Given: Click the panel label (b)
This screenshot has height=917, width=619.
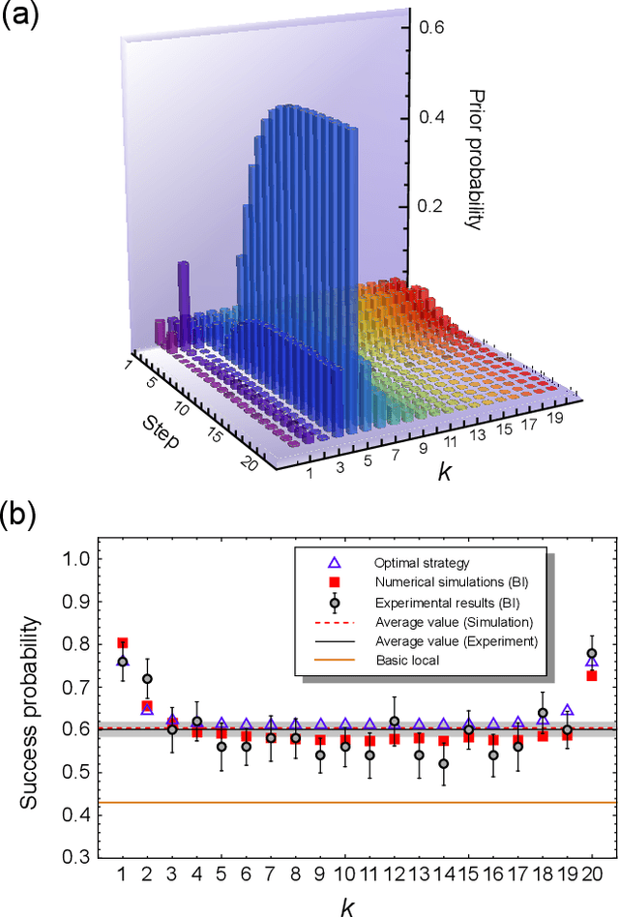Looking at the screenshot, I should tap(20, 512).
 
